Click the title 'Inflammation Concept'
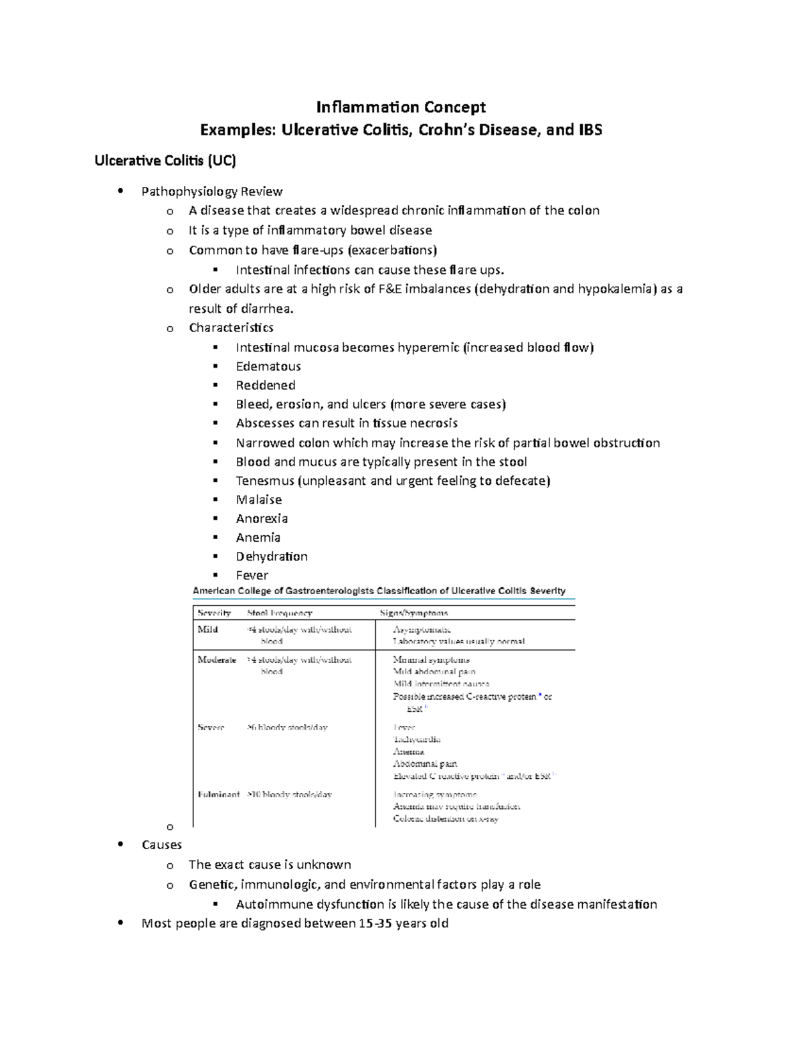tap(401, 107)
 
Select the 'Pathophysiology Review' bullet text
tap(212, 192)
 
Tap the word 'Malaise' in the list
tap(259, 500)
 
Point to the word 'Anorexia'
tap(262, 518)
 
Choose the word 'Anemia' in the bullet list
tap(258, 537)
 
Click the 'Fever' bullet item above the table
tap(252, 575)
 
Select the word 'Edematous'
tap(268, 366)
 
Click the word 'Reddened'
tap(266, 385)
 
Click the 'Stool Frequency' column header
tap(280, 613)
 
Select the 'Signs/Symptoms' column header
tap(414, 613)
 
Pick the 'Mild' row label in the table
tap(207, 629)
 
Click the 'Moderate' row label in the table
tap(217, 660)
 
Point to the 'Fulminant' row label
tap(218, 794)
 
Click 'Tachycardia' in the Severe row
tap(417, 739)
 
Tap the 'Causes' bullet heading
tap(162, 845)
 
